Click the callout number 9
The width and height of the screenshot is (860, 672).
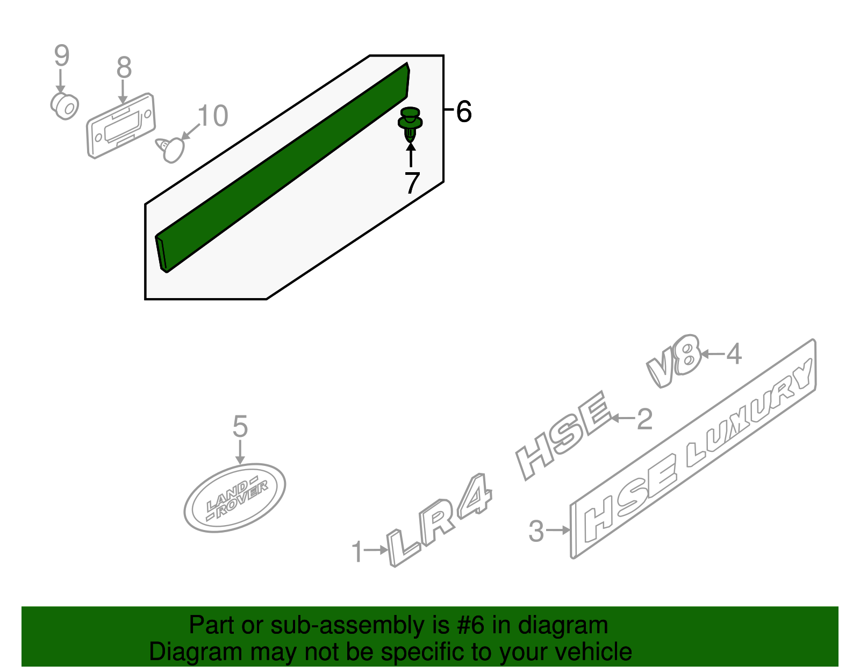(62, 56)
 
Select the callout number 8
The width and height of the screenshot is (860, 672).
(124, 68)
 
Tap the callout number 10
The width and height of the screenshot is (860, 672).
(213, 116)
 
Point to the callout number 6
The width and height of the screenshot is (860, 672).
(463, 112)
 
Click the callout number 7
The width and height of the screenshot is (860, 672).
(412, 183)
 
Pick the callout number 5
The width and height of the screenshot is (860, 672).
(240, 427)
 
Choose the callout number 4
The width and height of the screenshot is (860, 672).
(734, 354)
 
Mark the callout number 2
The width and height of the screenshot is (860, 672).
(644, 419)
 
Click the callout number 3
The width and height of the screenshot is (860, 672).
(536, 531)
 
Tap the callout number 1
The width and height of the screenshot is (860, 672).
(357, 553)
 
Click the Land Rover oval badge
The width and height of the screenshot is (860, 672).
(235, 498)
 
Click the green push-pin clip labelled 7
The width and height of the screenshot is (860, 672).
(410, 124)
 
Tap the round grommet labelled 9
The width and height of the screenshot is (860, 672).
(65, 105)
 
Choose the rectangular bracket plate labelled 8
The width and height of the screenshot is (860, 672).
(121, 126)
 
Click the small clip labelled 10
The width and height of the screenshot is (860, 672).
(170, 148)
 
